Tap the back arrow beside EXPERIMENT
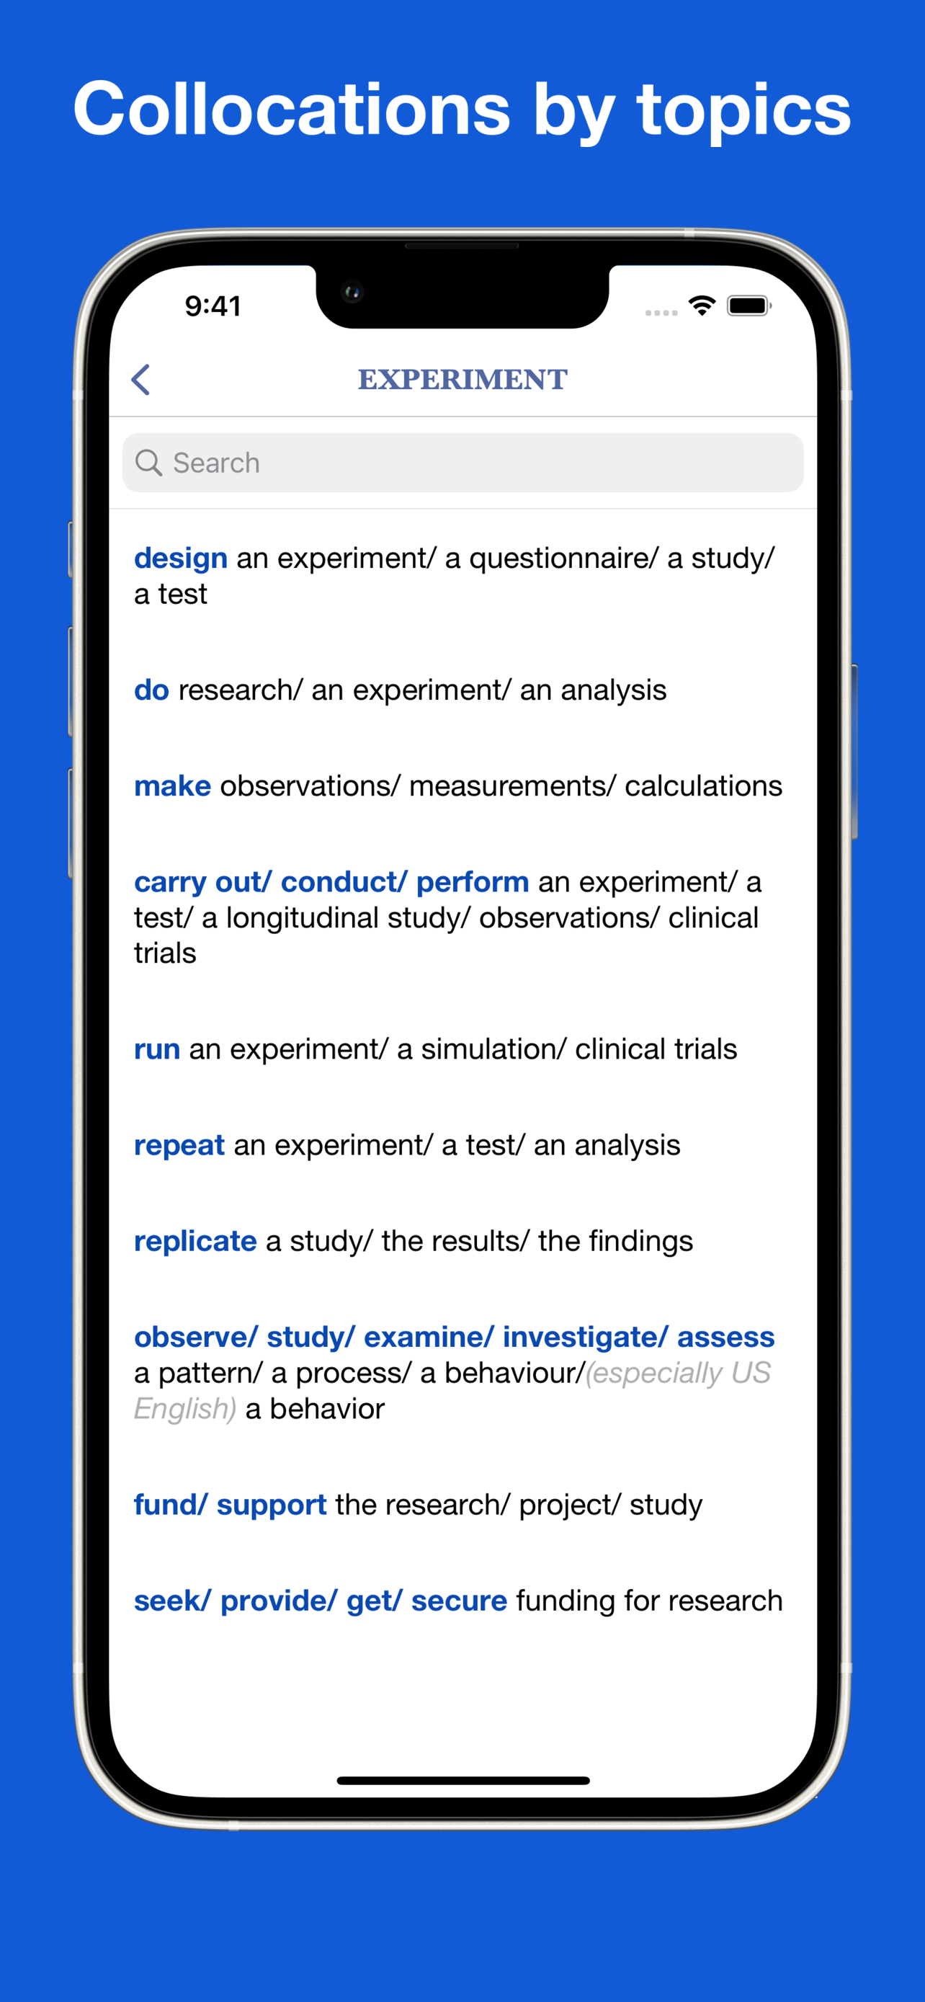click(x=140, y=379)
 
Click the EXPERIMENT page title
click(x=463, y=379)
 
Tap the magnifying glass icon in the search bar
click(x=148, y=463)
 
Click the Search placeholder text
click(x=216, y=463)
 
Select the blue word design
click(x=181, y=558)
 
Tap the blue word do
click(x=151, y=690)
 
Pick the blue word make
click(x=172, y=786)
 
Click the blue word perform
click(x=472, y=882)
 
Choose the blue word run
click(x=157, y=1049)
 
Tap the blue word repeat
click(x=179, y=1146)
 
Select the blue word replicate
click(x=195, y=1241)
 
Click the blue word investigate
click(x=581, y=1338)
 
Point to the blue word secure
click(x=459, y=1601)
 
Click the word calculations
click(x=704, y=786)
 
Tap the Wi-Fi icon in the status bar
click(x=702, y=306)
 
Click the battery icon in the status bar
click(x=749, y=306)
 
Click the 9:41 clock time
click(x=213, y=306)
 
